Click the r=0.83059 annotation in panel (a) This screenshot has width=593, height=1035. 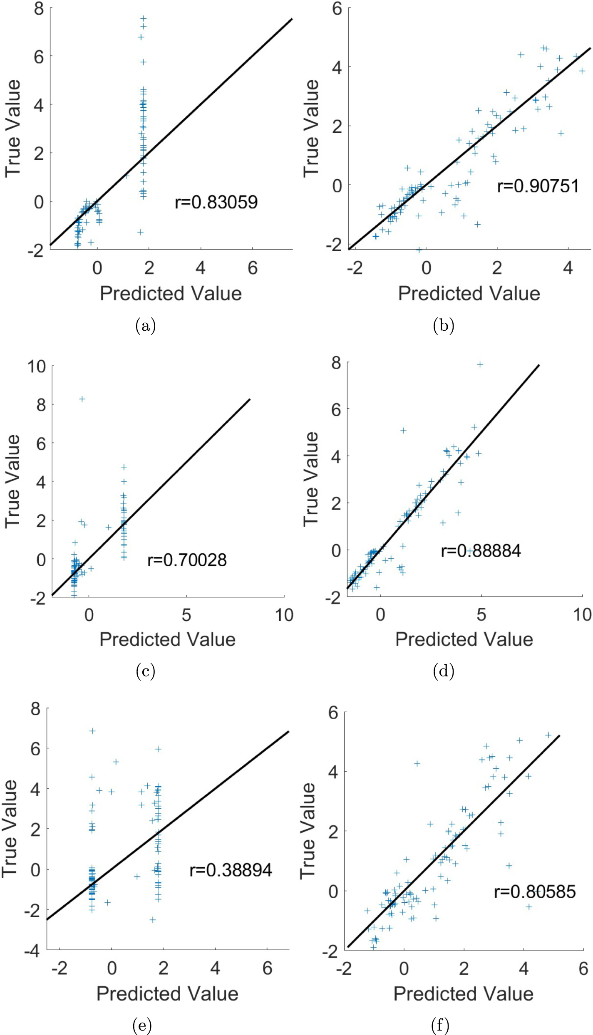click(216, 203)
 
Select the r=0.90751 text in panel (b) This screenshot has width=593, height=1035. click(538, 186)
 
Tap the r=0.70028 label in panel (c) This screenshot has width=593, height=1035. click(187, 560)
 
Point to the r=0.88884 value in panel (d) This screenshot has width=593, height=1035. click(481, 551)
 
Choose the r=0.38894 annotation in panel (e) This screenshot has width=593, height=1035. click(231, 870)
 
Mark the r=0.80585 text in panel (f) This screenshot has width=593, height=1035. click(535, 891)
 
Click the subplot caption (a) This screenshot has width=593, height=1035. click(145, 326)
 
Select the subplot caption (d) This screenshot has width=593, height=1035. click(443, 671)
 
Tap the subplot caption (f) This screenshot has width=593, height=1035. click(440, 1025)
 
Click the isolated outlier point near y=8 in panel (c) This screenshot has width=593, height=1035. click(82, 399)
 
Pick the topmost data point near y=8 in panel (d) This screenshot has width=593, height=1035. click(480, 364)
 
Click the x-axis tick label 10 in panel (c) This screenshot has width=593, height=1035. click(284, 615)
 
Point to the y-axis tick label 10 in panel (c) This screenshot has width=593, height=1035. click(36, 366)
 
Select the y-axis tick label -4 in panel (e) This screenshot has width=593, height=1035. click(32, 951)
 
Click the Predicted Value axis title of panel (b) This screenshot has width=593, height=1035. click(469, 294)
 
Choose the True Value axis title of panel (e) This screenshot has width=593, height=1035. click(10, 829)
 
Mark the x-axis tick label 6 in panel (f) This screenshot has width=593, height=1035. click(583, 969)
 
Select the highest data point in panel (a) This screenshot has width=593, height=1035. click(144, 18)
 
